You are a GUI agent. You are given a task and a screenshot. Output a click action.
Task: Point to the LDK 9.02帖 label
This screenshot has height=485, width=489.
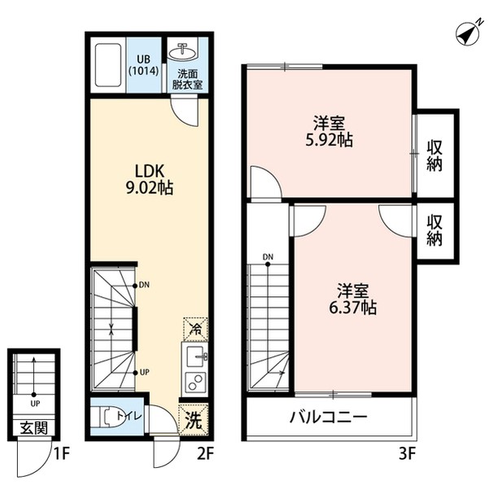coord(151,178)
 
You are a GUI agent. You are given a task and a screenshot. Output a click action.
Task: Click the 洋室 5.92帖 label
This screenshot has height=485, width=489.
coord(330,132)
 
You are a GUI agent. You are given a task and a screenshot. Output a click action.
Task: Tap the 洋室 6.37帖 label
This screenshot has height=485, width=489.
coord(352,299)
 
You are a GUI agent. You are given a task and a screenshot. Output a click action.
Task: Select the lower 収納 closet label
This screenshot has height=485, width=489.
coord(434,230)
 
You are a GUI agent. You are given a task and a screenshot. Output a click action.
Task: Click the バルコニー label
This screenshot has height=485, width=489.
coord(329,418)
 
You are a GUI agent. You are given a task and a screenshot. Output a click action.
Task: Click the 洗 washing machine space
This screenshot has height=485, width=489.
coord(193,422)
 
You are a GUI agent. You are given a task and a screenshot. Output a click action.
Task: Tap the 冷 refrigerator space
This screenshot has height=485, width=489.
coord(194,328)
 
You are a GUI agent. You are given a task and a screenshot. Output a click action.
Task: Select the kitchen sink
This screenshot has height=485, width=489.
coord(195,356)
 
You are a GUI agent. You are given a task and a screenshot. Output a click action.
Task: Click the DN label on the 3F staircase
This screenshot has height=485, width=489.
coord(268,260)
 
